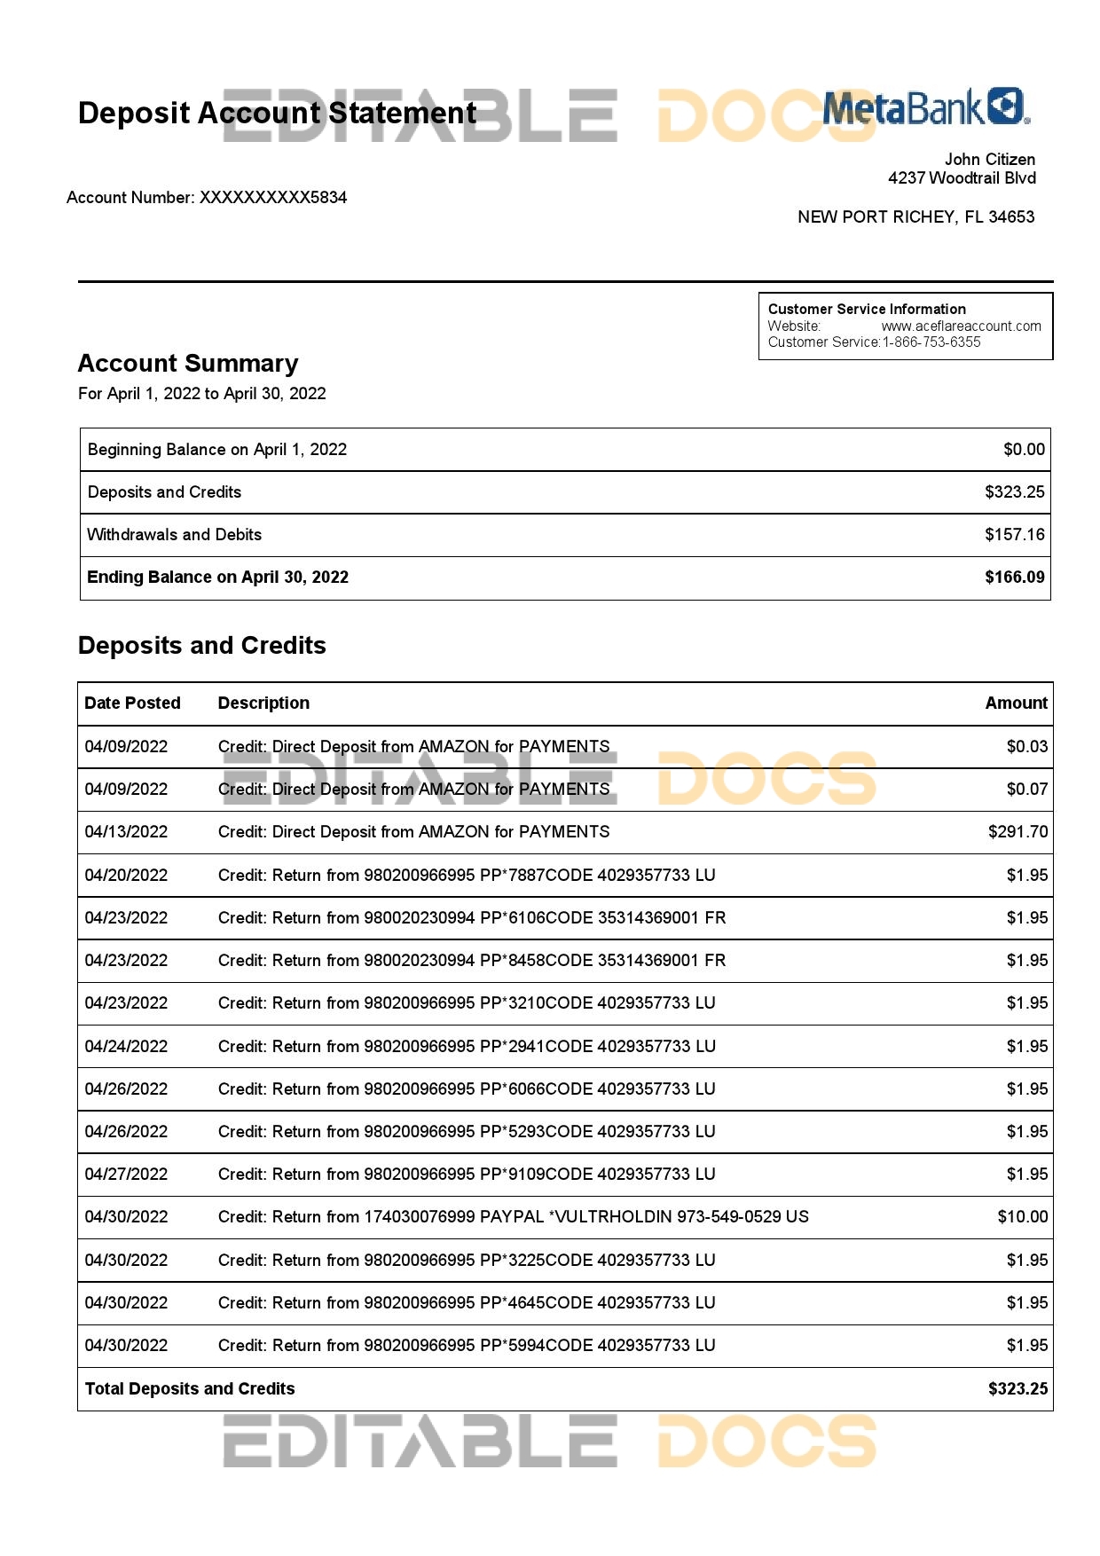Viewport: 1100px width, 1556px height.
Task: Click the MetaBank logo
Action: tap(925, 107)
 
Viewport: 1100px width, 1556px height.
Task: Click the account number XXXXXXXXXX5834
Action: tap(273, 197)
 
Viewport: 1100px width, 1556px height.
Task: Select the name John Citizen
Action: tap(989, 160)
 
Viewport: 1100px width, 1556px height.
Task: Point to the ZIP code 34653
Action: tap(1011, 217)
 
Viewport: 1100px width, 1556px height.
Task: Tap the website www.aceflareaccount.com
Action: tap(961, 326)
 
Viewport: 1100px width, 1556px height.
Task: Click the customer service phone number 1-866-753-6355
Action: tap(931, 342)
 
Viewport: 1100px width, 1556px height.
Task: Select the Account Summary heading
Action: tap(188, 364)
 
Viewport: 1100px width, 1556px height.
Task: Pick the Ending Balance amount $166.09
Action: tap(1014, 578)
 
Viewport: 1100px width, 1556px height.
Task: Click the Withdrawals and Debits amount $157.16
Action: tap(1014, 535)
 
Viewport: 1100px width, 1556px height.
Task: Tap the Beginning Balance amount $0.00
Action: tap(1024, 450)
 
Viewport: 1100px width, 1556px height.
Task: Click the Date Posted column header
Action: tap(132, 703)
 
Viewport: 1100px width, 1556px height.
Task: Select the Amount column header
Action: tap(1016, 703)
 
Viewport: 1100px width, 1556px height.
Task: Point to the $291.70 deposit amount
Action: tap(1017, 832)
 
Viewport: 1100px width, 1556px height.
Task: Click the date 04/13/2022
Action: tap(126, 832)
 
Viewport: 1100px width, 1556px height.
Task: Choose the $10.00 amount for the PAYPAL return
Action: tap(1022, 1217)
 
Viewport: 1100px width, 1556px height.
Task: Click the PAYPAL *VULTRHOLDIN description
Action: tap(513, 1217)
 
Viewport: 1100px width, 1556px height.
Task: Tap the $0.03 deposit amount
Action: tap(1026, 747)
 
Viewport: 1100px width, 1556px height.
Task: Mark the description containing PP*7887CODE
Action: tap(467, 876)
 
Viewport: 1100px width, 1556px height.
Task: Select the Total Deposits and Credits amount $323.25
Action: tap(1017, 1389)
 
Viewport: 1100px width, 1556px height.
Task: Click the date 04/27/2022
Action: tap(126, 1175)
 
